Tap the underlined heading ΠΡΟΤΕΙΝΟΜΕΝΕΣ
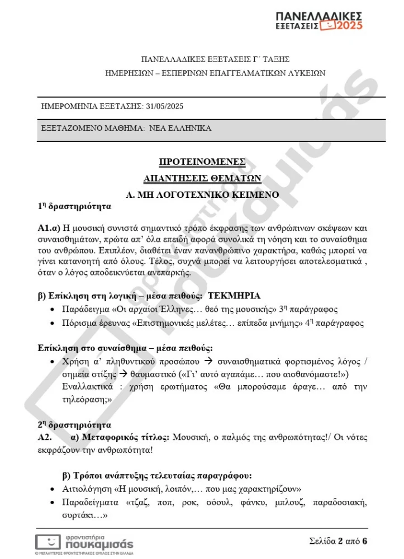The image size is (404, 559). tap(202, 162)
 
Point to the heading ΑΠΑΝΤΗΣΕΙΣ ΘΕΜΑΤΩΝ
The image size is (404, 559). tap(202, 178)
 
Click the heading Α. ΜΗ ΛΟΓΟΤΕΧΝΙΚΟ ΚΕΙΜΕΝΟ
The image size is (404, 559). tap(202, 195)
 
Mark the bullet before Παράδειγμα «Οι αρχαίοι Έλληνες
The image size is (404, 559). tap(53, 310)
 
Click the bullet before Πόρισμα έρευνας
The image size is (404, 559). tap(53, 324)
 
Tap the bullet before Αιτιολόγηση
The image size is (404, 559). tap(53, 489)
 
